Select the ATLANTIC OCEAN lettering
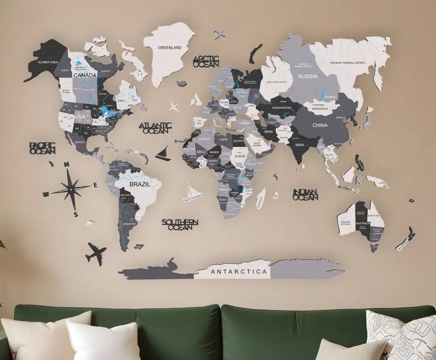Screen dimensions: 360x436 pos(155,127)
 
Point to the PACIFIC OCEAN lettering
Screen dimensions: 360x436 pos(42,148)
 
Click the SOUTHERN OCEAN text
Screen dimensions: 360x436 pos(180,224)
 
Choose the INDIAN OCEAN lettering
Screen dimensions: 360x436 pos(305,195)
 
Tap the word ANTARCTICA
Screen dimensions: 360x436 pos(238,271)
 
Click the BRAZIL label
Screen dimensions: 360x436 pos(140,184)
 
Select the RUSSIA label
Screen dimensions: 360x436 pos(307,76)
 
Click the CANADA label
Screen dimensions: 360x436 pos(85,75)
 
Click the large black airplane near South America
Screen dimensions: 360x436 pos(96,253)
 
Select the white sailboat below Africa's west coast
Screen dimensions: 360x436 pos(192,191)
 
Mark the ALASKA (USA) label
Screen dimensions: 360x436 pos(48,62)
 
